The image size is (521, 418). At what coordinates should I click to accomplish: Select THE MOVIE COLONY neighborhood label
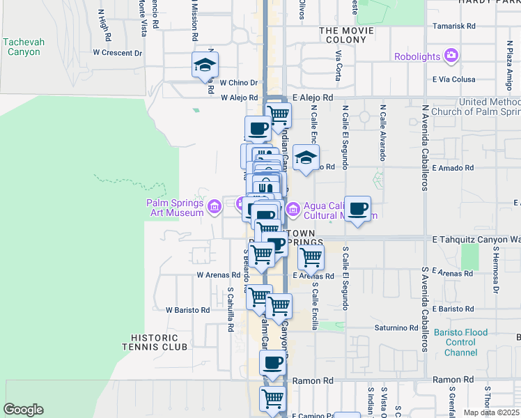(343, 36)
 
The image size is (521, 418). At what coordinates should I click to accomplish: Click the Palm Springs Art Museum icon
(214, 206)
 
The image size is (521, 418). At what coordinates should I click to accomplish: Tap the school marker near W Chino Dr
(205, 65)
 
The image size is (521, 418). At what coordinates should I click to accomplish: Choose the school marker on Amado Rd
(305, 158)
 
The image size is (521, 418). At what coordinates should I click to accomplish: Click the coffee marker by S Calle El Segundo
(358, 208)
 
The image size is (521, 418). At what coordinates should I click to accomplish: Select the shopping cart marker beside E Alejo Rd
(279, 114)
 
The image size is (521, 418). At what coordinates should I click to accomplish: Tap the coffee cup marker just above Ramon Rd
(272, 362)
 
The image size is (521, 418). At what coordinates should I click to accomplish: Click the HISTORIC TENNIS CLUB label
(155, 341)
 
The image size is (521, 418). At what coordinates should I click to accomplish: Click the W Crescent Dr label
(117, 52)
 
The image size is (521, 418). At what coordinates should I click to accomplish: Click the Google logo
(23, 410)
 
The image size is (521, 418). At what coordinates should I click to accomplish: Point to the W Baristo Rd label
(187, 309)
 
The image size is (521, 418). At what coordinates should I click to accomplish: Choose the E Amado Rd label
(452, 168)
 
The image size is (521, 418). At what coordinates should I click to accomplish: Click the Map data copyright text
(491, 412)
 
